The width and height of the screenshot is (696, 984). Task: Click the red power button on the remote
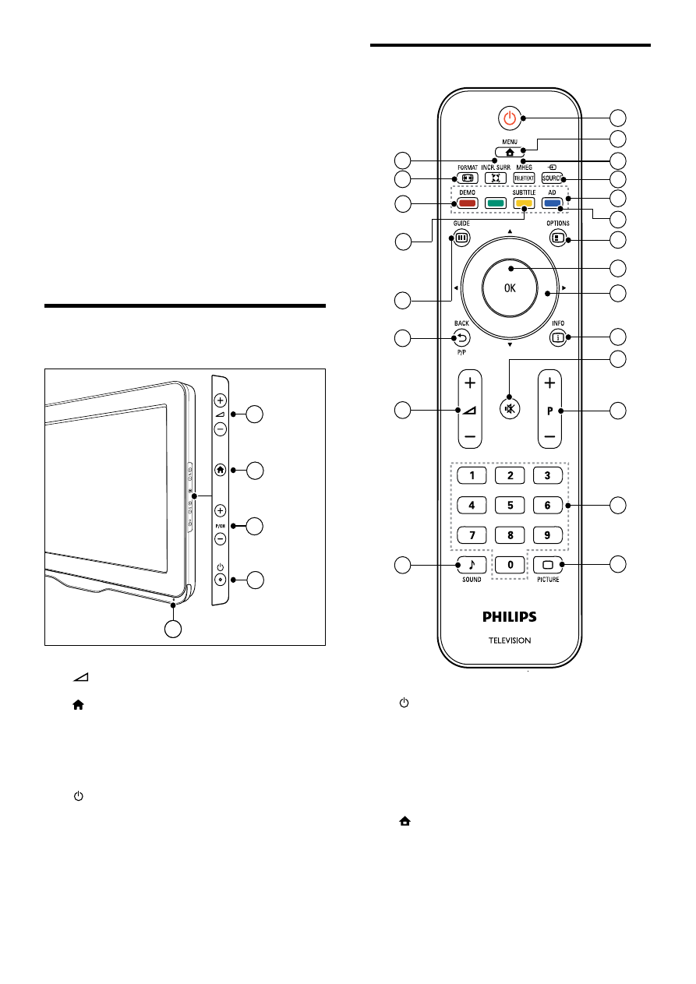pos(509,118)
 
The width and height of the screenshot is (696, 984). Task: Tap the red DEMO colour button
pos(467,203)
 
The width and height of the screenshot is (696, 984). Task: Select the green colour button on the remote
pos(495,203)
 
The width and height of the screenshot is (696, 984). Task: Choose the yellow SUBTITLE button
pos(524,203)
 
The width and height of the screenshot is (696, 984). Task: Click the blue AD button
pos(552,203)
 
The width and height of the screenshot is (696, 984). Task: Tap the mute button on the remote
pos(509,407)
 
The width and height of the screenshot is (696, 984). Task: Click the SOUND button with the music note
pos(471,563)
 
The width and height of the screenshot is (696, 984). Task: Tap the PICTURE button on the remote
pos(548,563)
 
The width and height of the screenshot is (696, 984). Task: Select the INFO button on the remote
pos(558,337)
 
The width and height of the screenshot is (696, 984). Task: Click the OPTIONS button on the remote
pos(558,238)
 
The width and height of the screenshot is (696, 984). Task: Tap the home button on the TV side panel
pos(221,469)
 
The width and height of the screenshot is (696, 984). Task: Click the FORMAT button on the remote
pos(467,178)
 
